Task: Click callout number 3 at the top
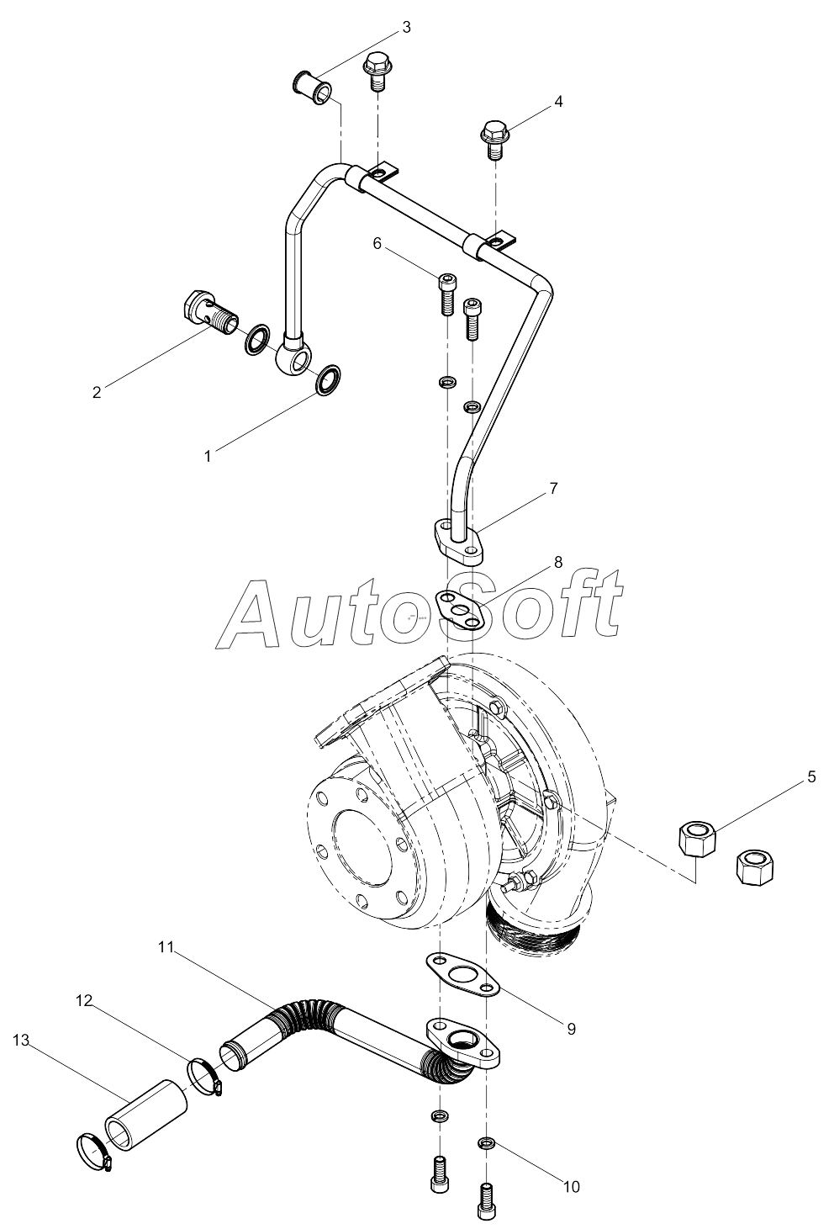tap(406, 27)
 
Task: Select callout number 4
tap(557, 102)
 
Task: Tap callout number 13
tap(21, 1041)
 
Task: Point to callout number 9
tap(571, 1028)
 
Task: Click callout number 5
tap(811, 776)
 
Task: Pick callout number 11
tap(165, 946)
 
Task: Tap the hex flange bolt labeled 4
tap(494, 140)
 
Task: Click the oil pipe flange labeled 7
tap(458, 543)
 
